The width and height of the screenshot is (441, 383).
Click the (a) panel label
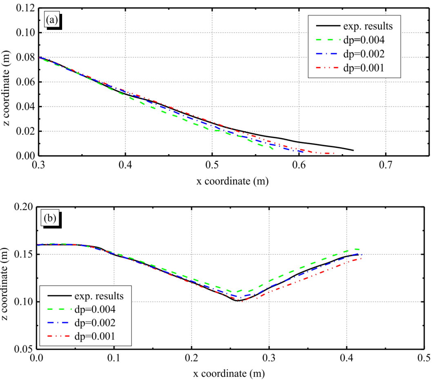51,19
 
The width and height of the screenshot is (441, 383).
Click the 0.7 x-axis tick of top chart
386,166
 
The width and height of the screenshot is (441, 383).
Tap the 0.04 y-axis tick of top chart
25,107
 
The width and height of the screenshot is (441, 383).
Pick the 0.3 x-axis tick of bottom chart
269,359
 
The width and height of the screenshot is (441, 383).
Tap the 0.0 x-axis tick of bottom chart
37,359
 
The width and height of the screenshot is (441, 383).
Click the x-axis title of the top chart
232,181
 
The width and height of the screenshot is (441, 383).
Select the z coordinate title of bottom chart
8,278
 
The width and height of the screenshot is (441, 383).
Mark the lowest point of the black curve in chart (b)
238,301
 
